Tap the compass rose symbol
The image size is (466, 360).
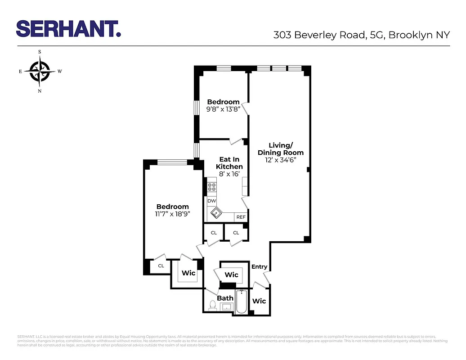[x=40, y=71]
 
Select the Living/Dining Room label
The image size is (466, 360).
[x=281, y=148]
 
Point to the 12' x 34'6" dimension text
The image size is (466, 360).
[x=281, y=160]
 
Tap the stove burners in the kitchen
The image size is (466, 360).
[x=211, y=187]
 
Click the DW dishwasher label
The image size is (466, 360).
[x=211, y=201]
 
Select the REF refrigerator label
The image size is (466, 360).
[x=241, y=217]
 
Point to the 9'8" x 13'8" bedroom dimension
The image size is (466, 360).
[x=224, y=109]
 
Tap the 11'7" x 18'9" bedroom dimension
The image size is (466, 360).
[x=173, y=214]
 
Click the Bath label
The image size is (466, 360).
[x=225, y=298]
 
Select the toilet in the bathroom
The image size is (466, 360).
[x=212, y=306]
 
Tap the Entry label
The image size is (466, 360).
[x=259, y=266]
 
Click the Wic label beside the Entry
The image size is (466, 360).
[x=259, y=301]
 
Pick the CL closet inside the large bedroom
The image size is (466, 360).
[x=161, y=266]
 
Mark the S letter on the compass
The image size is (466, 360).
[x=40, y=52]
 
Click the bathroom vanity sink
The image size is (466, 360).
[x=226, y=307]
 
